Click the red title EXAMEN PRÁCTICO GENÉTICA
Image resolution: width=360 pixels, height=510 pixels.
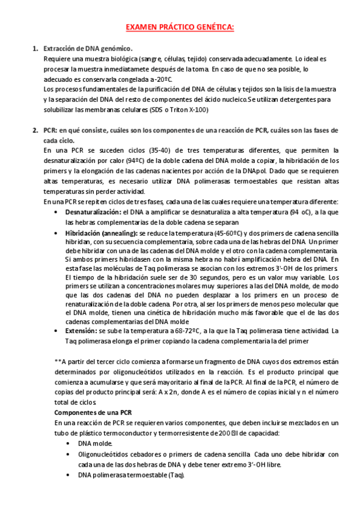(180, 27)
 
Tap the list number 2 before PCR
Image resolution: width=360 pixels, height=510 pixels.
(34, 130)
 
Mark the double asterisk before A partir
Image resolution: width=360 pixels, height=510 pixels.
(58, 361)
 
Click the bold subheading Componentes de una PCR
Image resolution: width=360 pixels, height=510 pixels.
(93, 412)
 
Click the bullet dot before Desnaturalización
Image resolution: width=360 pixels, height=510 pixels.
(56, 212)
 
